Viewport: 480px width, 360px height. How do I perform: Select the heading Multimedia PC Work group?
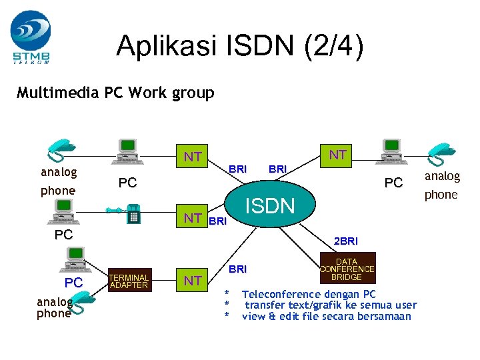(x=115, y=93)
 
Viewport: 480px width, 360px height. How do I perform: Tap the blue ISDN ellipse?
(x=270, y=205)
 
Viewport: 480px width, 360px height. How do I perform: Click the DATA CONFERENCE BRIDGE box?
(x=347, y=269)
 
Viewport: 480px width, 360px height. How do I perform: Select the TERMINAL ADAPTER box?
(x=129, y=281)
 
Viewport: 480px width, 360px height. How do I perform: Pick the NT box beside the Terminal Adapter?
(x=193, y=281)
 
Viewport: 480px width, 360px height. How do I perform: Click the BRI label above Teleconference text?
(x=237, y=269)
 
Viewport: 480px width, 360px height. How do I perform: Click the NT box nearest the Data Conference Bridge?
(x=193, y=281)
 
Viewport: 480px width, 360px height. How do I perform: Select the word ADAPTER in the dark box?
(x=129, y=285)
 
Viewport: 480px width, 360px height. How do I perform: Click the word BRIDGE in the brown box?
(x=347, y=277)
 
